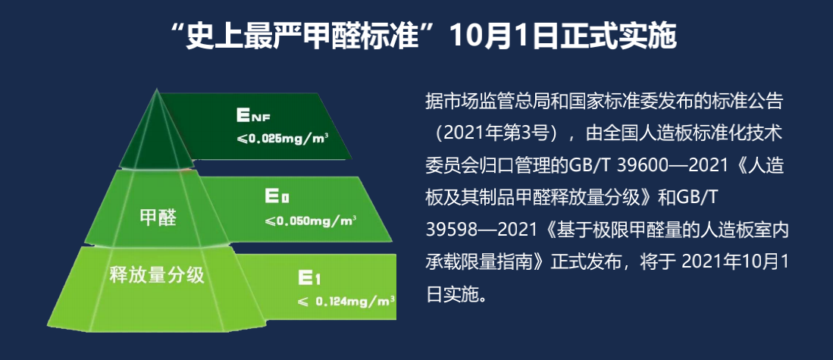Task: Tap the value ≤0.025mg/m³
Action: pos(282,139)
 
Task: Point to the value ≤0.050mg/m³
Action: pos(311,221)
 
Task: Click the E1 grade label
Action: pos(309,277)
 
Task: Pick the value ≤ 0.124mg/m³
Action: pos(346,302)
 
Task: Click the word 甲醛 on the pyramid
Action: pos(157,218)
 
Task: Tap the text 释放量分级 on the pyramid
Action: pos(156,276)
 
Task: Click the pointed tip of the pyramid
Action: pos(156,89)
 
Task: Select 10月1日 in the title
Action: pos(499,36)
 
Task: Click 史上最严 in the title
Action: pos(249,36)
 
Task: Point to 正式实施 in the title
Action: pos(613,36)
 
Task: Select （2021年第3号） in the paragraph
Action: pos(497,133)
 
